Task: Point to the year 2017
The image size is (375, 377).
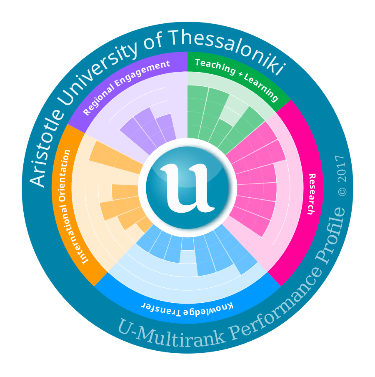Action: [x=340, y=168]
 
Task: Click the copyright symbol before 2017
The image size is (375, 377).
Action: [x=342, y=191]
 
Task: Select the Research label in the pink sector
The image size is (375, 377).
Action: [x=311, y=194]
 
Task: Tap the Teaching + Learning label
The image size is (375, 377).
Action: [x=236, y=79]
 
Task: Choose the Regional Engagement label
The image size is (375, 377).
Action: [x=127, y=87]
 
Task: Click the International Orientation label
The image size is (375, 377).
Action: [x=76, y=206]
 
